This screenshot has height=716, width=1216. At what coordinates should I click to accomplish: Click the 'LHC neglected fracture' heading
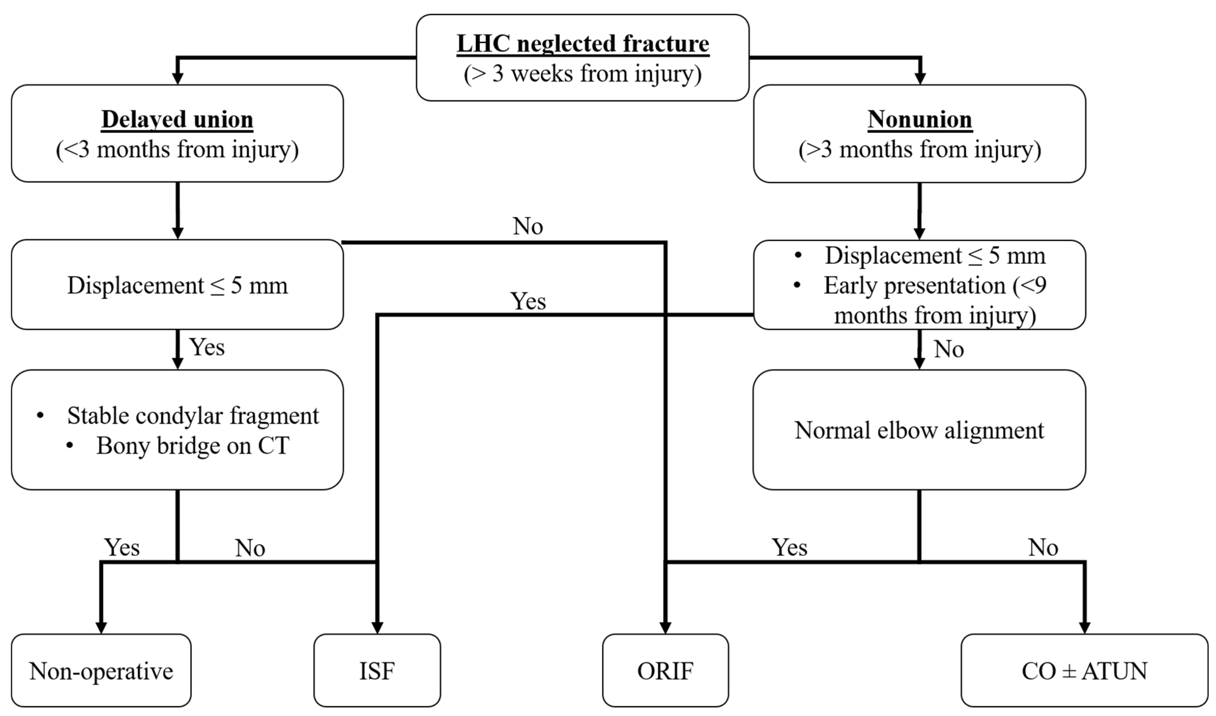coord(582,44)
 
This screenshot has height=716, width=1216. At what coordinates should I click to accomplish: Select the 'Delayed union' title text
coord(177,119)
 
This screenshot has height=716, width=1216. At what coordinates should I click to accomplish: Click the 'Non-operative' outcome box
coord(101,670)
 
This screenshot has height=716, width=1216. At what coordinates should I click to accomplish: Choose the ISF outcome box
coord(377,670)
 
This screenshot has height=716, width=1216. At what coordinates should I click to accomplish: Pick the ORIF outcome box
coord(665,670)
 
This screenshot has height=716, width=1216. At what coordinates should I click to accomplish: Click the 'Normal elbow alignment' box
coord(919,430)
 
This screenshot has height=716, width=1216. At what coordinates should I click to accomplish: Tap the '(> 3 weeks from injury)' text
coord(582,74)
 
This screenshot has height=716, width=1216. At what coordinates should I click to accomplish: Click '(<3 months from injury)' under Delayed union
coord(177,150)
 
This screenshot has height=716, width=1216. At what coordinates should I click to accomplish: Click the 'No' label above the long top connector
coord(528,226)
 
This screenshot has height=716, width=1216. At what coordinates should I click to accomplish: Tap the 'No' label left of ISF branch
coord(250,548)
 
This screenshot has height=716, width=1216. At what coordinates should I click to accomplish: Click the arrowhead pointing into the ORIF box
coord(665,627)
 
